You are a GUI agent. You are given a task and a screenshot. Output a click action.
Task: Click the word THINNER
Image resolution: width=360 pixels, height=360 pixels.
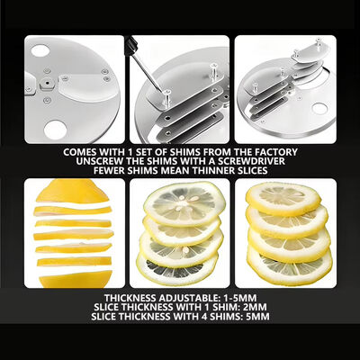(211, 171)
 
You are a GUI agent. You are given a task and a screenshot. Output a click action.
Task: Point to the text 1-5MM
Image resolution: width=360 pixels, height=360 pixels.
(239, 298)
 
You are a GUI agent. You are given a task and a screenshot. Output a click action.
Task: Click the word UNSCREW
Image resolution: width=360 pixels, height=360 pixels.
(96, 161)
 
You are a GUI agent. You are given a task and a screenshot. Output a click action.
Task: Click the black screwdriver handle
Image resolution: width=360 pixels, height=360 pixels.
(131, 46)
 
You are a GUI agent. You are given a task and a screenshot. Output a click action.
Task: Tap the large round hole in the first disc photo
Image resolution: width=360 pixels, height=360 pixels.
(55, 130)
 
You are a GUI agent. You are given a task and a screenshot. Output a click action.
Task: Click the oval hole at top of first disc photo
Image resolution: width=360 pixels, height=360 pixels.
(40, 50)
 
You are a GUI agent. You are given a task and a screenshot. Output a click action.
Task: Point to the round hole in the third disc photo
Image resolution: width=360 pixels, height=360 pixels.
(319, 109)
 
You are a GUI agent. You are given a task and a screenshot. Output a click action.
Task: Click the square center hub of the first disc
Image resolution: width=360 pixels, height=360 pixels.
(47, 82)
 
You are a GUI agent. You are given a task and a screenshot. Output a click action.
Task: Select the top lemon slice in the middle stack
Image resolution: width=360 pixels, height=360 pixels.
(184, 203)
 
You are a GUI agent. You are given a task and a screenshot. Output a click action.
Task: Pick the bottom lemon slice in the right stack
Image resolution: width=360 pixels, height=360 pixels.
(289, 266)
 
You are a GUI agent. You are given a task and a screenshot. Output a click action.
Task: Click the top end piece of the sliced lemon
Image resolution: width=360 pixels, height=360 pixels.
(72, 191)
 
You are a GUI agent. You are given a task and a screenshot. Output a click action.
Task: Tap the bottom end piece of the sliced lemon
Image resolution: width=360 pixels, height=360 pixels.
(76, 279)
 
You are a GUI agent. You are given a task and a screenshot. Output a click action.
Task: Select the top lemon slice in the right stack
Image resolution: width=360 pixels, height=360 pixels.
(283, 199)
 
